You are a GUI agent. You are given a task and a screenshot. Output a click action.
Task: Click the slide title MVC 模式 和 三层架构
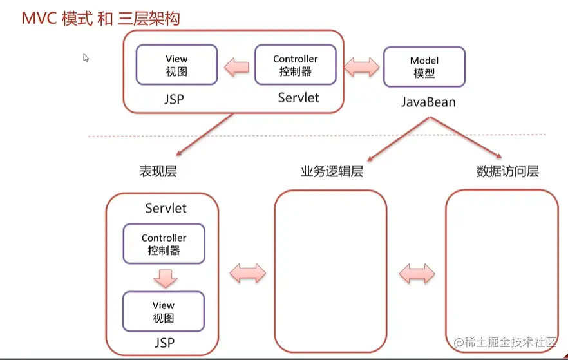click(x=100, y=18)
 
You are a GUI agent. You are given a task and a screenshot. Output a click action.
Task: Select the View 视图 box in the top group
click(x=176, y=65)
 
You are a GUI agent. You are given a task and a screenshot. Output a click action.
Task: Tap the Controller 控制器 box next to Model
click(x=295, y=65)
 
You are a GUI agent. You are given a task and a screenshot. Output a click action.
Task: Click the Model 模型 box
click(x=424, y=67)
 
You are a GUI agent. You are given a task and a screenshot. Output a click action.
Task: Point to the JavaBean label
click(x=428, y=102)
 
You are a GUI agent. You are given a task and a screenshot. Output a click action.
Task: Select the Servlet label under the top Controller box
click(x=298, y=98)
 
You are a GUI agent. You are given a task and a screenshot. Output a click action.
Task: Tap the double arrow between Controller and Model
click(x=361, y=66)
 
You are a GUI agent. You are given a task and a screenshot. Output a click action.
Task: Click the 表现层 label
click(x=158, y=171)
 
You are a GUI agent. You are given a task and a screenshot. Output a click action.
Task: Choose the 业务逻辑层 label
click(x=332, y=171)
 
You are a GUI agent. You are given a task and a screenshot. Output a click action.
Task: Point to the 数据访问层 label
click(x=507, y=171)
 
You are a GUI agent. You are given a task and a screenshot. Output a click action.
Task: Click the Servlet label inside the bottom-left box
click(x=166, y=208)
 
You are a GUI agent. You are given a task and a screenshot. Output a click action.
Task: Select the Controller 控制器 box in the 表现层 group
click(x=164, y=244)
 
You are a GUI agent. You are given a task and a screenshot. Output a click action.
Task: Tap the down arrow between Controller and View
click(x=164, y=278)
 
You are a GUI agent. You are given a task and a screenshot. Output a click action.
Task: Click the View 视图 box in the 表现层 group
click(x=164, y=311)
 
